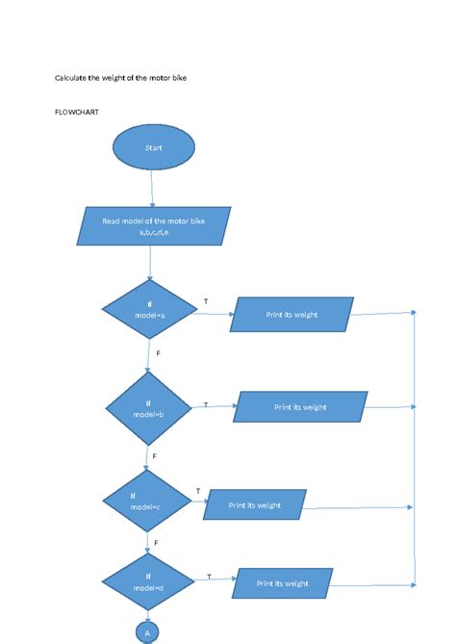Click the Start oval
tap(154, 148)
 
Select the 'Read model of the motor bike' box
tap(154, 226)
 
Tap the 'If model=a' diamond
tap(149, 310)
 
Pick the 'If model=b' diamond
tap(149, 408)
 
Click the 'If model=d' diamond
tap(148, 582)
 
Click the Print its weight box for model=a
tap(292, 315)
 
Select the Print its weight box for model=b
tap(300, 407)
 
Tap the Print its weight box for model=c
tap(255, 504)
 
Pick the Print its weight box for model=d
tap(283, 583)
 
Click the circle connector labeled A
tap(148, 632)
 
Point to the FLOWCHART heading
tap(77, 112)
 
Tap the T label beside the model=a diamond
tap(205, 301)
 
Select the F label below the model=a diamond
tap(158, 354)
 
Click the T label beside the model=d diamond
tap(209, 576)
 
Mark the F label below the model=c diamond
tap(156, 543)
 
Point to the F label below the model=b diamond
tap(154, 454)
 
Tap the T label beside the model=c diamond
tap(198, 491)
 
